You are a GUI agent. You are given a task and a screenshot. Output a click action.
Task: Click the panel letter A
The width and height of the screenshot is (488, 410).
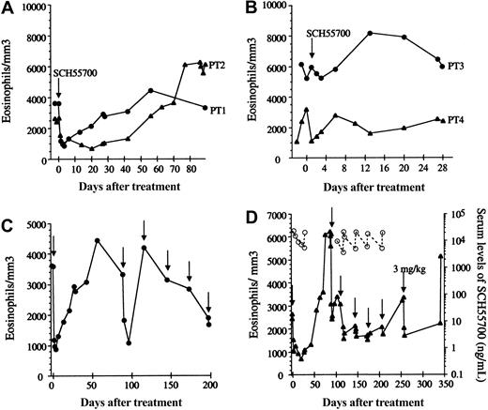pos(8,8)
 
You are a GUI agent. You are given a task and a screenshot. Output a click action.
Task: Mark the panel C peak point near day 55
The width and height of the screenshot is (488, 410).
pos(97,240)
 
